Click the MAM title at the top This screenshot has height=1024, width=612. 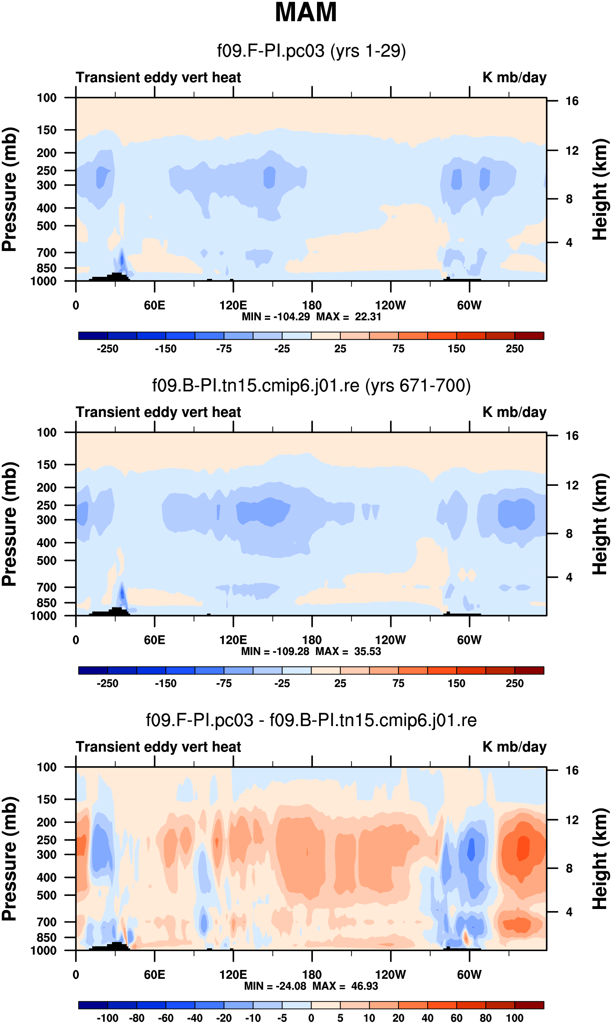306,12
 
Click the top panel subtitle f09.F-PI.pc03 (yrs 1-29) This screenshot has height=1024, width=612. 312,51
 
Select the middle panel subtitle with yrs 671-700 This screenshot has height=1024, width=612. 312,386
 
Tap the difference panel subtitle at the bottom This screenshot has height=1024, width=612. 312,720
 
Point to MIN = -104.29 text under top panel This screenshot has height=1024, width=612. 275,317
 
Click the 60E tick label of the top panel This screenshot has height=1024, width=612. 155,306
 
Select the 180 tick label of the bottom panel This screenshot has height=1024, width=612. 312,975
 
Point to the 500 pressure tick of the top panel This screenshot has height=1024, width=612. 46,226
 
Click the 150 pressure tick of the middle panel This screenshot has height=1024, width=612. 46,465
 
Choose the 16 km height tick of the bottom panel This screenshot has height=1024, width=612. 572,770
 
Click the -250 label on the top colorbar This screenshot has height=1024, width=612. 107,349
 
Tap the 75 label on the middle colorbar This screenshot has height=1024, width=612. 398,683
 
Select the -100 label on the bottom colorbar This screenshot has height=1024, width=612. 107,1018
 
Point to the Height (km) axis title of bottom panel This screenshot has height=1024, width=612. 600,859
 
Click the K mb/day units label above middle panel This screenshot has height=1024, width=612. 514,412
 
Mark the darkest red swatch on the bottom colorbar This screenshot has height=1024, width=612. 529,1005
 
